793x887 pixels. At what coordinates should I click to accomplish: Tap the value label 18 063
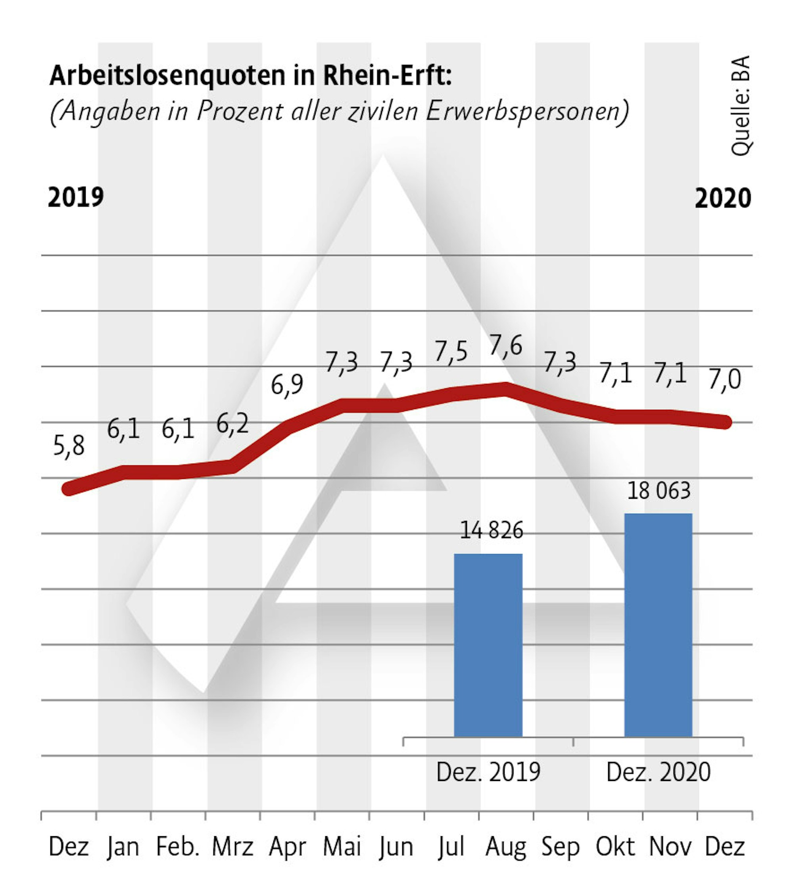point(659,491)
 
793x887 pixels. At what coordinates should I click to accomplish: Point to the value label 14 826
point(491,531)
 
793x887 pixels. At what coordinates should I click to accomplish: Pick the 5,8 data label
point(68,445)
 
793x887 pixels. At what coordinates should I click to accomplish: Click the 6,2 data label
point(232,423)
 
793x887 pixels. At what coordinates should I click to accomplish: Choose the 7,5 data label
point(451,352)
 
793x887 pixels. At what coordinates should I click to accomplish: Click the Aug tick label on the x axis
point(505,847)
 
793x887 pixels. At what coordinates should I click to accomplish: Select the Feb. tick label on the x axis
point(178,847)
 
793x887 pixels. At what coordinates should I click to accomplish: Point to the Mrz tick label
point(232,847)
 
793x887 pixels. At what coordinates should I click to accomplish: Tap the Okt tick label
point(615,847)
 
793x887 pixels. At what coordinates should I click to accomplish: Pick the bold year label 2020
point(722,199)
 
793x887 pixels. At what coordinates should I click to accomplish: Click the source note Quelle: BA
point(740,106)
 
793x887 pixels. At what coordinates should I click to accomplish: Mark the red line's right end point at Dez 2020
point(724,422)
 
